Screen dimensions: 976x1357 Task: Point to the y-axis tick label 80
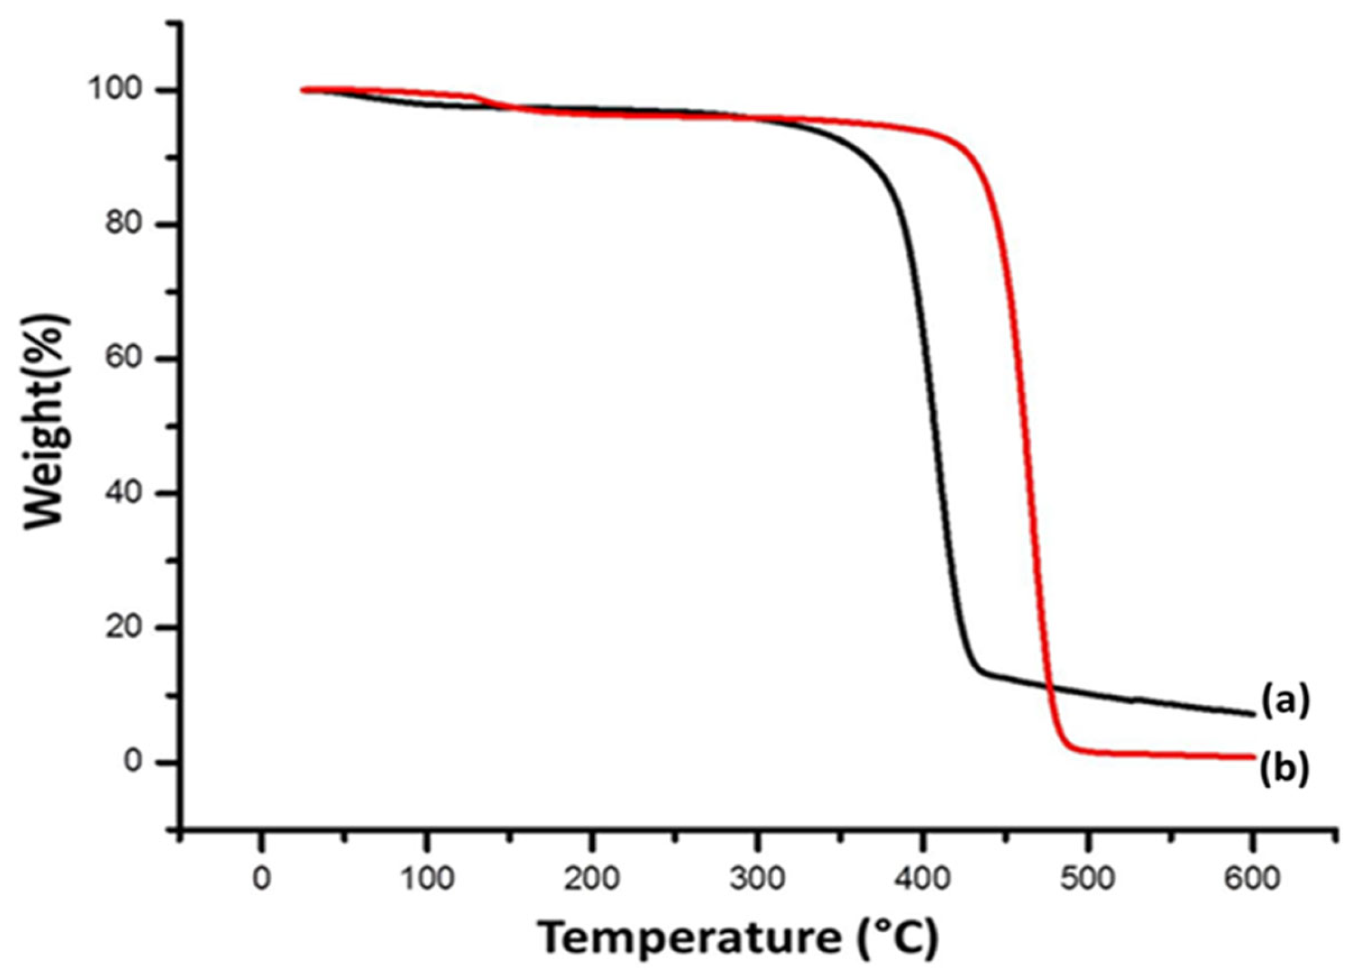point(127,225)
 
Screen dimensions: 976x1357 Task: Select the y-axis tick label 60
point(127,359)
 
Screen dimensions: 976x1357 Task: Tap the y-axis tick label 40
point(127,494)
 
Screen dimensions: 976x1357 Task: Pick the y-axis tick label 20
point(127,628)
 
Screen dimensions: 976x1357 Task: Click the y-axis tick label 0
point(137,762)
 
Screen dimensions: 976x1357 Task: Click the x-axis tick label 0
point(261,880)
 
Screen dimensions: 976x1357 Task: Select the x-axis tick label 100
point(426,880)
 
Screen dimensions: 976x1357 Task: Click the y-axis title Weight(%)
point(47,422)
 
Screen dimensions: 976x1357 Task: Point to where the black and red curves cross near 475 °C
point(1048,687)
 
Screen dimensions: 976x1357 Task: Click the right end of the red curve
point(1251,757)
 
